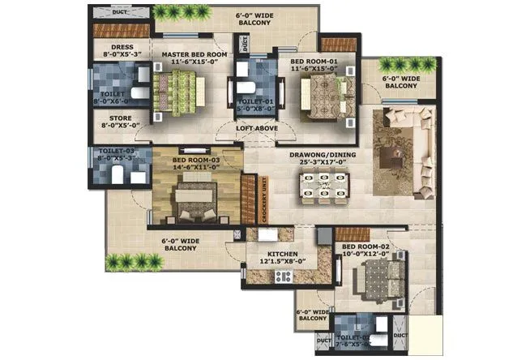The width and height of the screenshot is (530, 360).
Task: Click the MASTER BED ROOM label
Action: pyautogui.click(x=188, y=54)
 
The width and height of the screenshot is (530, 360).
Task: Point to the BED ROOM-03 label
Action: pyautogui.click(x=196, y=161)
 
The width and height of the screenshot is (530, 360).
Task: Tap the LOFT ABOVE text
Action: pyautogui.click(x=257, y=128)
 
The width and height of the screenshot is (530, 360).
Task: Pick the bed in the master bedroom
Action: pyautogui.click(x=184, y=84)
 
